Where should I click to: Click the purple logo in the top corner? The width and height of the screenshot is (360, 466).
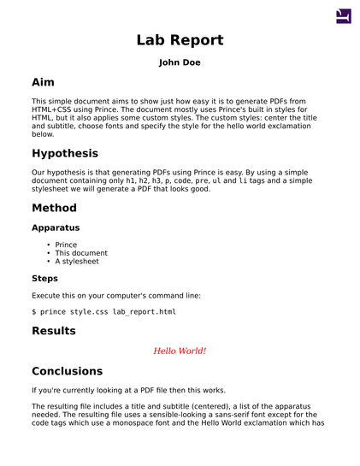[343, 15]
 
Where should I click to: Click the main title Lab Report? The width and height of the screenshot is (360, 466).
[180, 40]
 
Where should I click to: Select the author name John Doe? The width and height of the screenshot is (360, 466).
[180, 62]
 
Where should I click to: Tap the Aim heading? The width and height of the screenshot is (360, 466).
[43, 83]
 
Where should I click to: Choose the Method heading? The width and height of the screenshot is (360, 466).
[54, 209]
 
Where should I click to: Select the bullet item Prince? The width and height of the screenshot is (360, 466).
[66, 245]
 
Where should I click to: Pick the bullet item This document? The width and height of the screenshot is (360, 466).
[81, 253]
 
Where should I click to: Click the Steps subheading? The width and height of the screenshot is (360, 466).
[45, 279]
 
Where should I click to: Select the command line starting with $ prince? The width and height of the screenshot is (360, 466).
[103, 312]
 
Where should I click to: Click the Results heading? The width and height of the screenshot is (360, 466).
[54, 331]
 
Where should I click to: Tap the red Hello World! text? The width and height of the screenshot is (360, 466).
[180, 351]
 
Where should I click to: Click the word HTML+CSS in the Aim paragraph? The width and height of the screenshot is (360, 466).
[54, 110]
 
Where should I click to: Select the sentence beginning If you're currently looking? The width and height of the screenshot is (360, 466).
[129, 391]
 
